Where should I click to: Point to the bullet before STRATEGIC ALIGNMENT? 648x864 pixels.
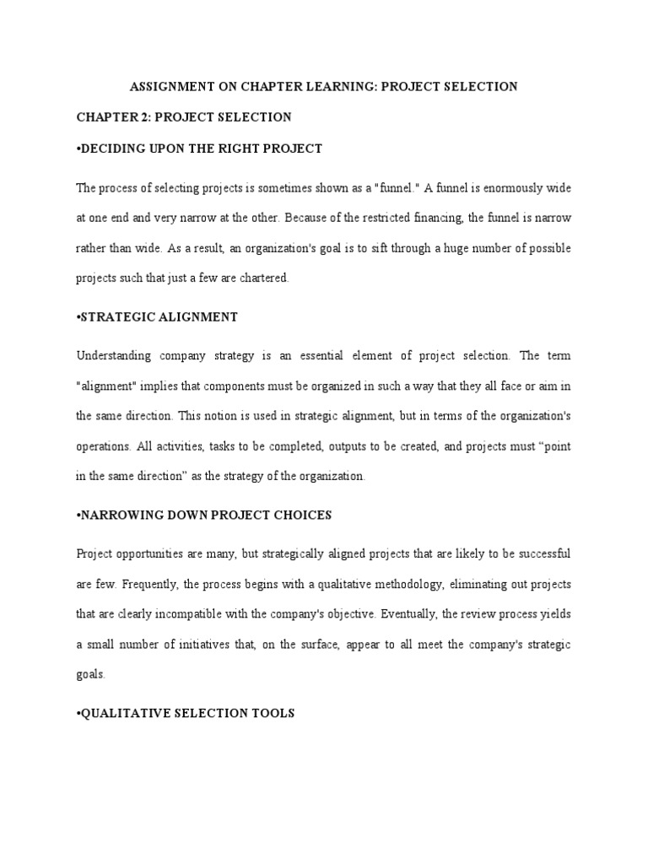(x=78, y=317)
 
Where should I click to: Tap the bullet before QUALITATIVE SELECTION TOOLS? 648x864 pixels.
(x=78, y=713)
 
